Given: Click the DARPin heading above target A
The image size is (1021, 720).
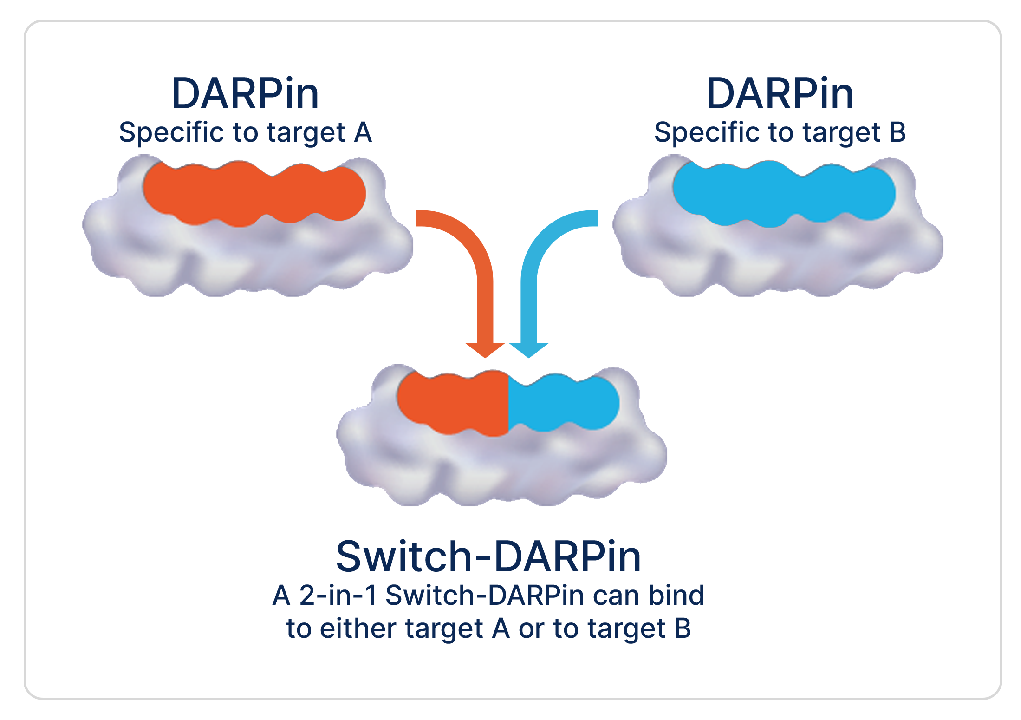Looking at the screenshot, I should [x=245, y=94].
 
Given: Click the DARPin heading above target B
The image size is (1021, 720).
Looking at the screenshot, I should [x=780, y=94].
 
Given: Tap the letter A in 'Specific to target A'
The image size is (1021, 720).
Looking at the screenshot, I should [x=363, y=132].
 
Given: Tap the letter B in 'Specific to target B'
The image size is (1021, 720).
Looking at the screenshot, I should [x=897, y=132].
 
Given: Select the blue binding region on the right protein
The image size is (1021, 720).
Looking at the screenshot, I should [x=784, y=193].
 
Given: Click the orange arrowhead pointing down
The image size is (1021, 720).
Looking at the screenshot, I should [x=485, y=349].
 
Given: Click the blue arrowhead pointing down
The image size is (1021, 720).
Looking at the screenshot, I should [x=529, y=349].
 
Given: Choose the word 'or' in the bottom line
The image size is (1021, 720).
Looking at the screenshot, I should [x=532, y=629].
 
